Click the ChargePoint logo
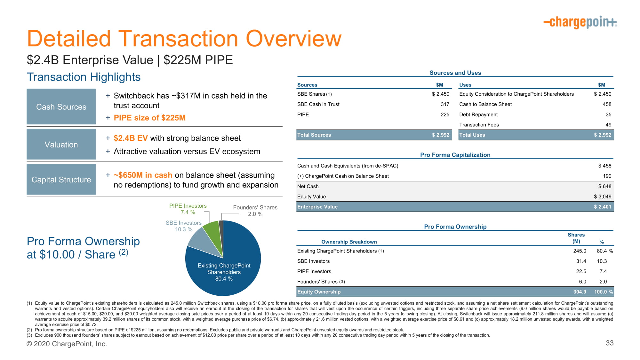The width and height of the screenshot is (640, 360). click(x=580, y=22)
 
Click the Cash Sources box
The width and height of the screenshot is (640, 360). click(x=61, y=107)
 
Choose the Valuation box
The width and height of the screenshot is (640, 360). click(x=61, y=144)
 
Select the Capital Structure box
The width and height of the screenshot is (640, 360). click(x=61, y=180)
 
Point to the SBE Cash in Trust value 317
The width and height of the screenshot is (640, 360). click(x=445, y=104)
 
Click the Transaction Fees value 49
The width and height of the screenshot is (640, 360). click(x=608, y=125)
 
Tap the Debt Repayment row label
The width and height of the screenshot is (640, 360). click(x=478, y=115)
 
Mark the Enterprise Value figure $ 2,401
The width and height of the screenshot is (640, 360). click(x=602, y=207)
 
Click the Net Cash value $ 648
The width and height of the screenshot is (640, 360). click(x=604, y=186)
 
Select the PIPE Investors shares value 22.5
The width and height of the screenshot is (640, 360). click(x=581, y=271)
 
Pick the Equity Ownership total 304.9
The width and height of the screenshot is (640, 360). click(x=580, y=292)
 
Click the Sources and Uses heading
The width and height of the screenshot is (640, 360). click(x=455, y=73)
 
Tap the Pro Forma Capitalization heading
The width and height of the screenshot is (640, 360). click(x=455, y=155)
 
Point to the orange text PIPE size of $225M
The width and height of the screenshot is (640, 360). click(x=149, y=118)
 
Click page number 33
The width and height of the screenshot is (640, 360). click(x=610, y=343)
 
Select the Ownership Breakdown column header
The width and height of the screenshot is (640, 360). click(x=349, y=242)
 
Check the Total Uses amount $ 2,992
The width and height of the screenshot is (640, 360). click(x=602, y=135)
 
